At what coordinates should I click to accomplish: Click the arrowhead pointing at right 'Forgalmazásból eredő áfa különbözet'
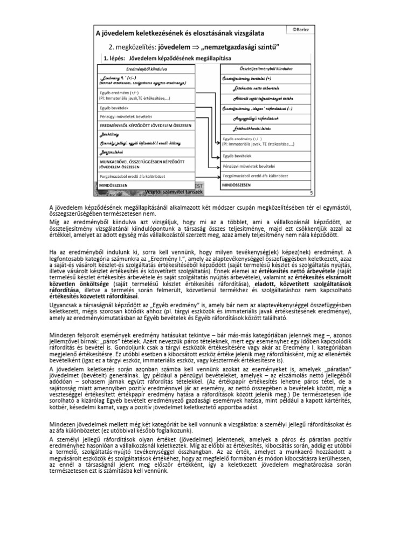tap(218, 176)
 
